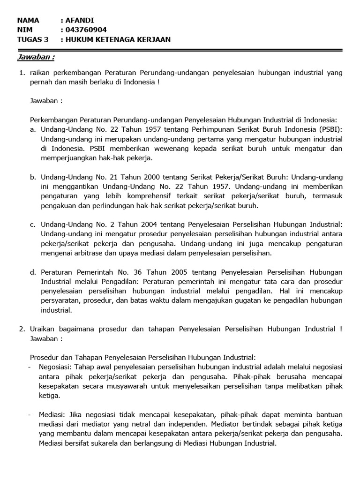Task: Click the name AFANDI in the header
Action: point(81,21)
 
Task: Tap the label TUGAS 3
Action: point(32,40)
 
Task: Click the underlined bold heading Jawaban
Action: point(36,57)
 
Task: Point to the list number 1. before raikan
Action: point(22,73)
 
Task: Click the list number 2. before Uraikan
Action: point(22,329)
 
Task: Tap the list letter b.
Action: point(33,177)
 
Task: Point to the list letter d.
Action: point(33,272)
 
